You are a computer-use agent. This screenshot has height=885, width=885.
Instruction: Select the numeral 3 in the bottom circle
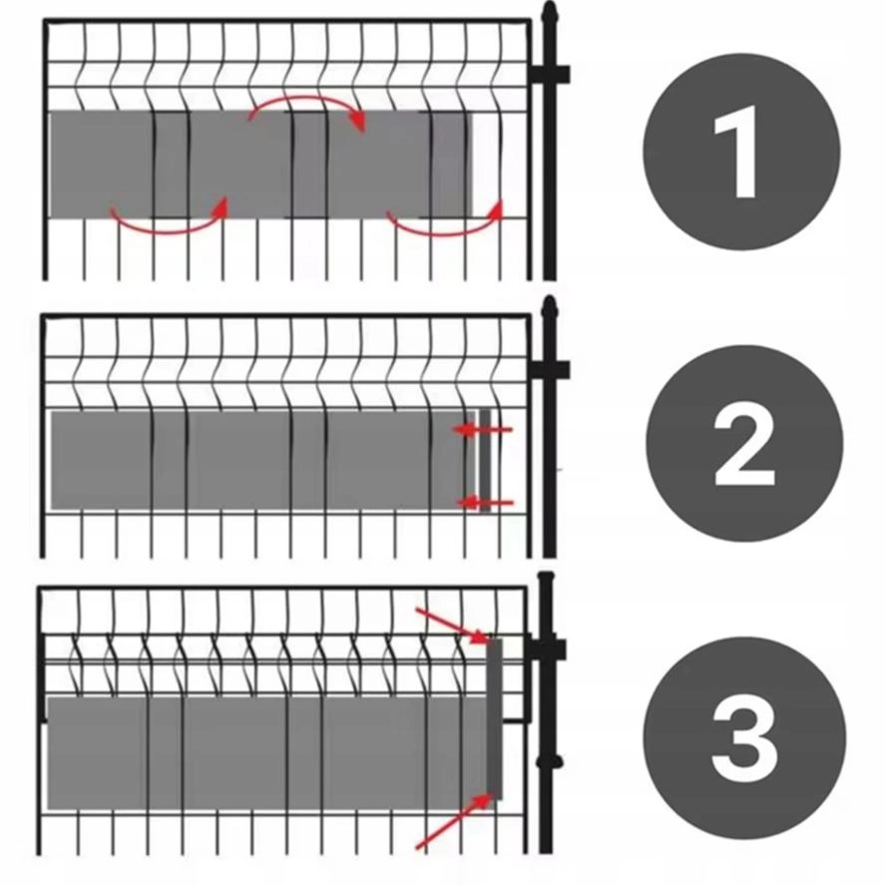pyautogui.click(x=743, y=739)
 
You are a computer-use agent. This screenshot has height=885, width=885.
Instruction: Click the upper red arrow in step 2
pyautogui.click(x=483, y=430)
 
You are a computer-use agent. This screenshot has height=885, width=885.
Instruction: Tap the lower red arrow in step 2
pyautogui.click(x=485, y=502)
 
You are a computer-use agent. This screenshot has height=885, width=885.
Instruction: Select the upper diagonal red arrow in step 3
pyautogui.click(x=453, y=626)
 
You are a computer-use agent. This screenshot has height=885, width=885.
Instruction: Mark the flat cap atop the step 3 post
pyautogui.click(x=546, y=577)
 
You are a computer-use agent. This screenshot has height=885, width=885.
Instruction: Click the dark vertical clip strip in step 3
pyautogui.click(x=495, y=718)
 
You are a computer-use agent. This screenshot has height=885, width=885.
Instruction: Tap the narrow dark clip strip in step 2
pyautogui.click(x=485, y=460)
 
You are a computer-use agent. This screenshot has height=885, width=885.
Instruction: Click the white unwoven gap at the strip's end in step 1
pyautogui.click(x=486, y=164)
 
